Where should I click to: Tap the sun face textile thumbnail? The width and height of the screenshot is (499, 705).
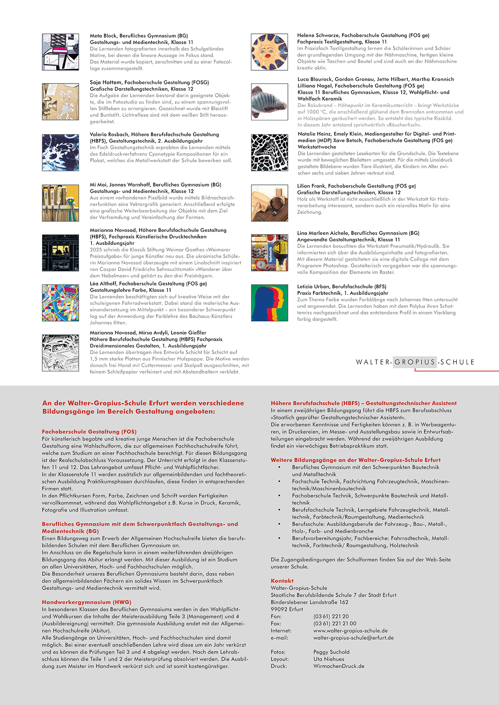click(269, 52)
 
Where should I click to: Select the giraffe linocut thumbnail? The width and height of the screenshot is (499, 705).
click(269, 152)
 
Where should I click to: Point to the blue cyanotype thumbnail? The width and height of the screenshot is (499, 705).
click(60, 152)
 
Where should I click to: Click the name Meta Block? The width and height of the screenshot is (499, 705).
click(104, 36)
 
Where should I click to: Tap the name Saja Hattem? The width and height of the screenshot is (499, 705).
click(105, 82)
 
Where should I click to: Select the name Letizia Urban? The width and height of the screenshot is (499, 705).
click(313, 287)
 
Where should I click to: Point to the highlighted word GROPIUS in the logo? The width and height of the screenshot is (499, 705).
click(415, 362)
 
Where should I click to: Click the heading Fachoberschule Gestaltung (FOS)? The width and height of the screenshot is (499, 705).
click(89, 431)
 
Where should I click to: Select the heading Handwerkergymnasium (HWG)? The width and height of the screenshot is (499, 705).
click(87, 602)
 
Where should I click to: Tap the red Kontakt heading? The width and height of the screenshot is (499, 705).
click(282, 581)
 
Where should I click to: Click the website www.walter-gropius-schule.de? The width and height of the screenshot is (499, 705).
click(350, 630)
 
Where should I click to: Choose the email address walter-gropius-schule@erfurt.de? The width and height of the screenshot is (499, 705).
click(353, 637)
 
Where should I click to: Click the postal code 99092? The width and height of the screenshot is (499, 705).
click(279, 609)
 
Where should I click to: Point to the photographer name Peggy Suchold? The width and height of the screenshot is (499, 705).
click(331, 652)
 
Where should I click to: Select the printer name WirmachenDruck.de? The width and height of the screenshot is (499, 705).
click(339, 666)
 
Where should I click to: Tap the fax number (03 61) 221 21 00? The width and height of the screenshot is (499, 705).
click(335, 623)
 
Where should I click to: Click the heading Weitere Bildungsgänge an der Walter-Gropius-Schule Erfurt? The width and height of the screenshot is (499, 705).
click(355, 460)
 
